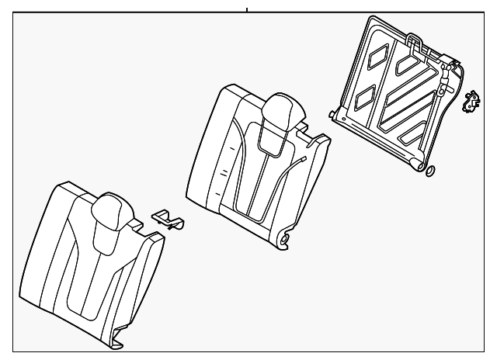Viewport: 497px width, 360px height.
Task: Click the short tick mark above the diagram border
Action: [246, 10]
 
